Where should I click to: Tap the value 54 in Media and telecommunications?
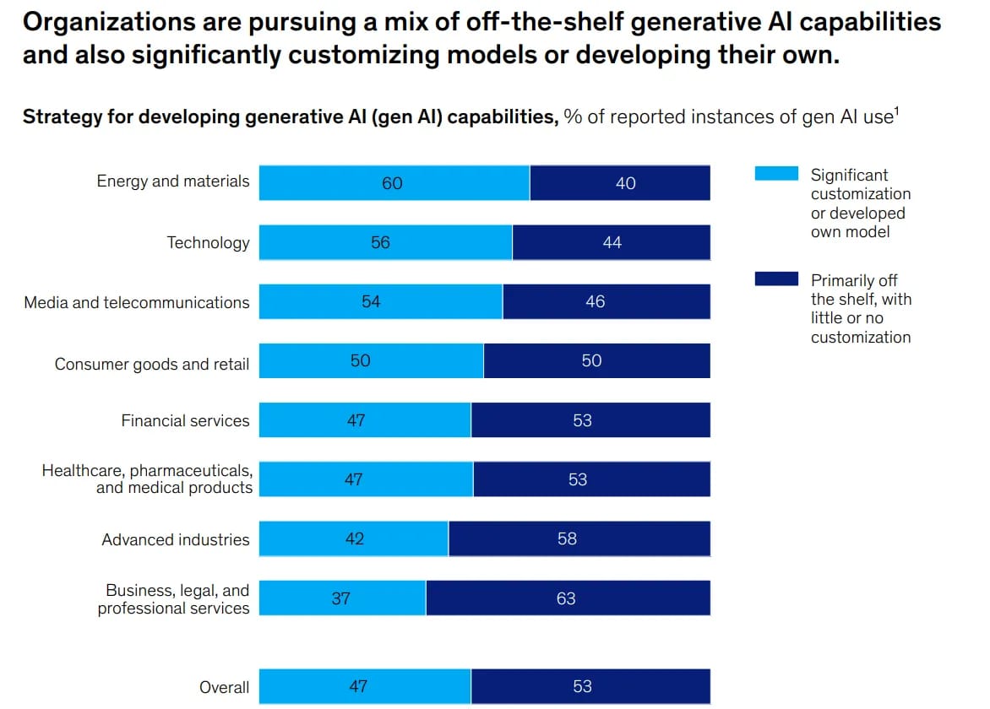pos(371,301)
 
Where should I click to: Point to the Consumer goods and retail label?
pos(152,365)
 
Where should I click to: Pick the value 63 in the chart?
pos(566,598)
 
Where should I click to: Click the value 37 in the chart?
pos(341,598)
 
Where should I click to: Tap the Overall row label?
pos(224,687)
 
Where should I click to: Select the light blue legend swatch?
pos(776,174)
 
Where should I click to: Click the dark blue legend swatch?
pos(776,279)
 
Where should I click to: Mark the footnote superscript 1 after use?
pos(896,111)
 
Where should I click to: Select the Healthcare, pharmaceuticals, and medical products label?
pos(148,479)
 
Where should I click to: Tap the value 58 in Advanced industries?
pos(567,539)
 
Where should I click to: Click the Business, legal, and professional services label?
pos(174,599)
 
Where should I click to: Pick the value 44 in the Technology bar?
pos(612,243)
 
